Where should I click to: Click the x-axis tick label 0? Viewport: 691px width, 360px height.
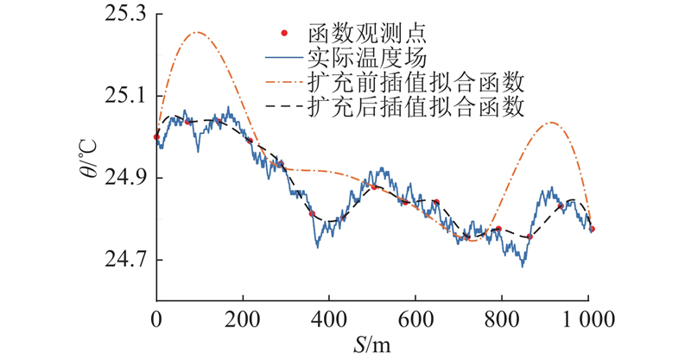click(156, 317)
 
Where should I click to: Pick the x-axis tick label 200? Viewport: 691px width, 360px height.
click(243, 317)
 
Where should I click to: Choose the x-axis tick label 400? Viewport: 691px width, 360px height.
click(329, 317)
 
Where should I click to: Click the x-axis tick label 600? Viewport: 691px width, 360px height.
click(415, 317)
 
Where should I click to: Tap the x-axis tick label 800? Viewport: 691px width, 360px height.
click(502, 317)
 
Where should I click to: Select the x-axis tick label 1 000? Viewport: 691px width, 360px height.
click(588, 317)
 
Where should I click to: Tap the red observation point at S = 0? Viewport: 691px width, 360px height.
click(156, 136)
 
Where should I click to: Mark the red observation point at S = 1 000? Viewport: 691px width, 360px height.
click(593, 229)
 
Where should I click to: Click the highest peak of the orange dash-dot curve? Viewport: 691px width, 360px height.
click(196, 32)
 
